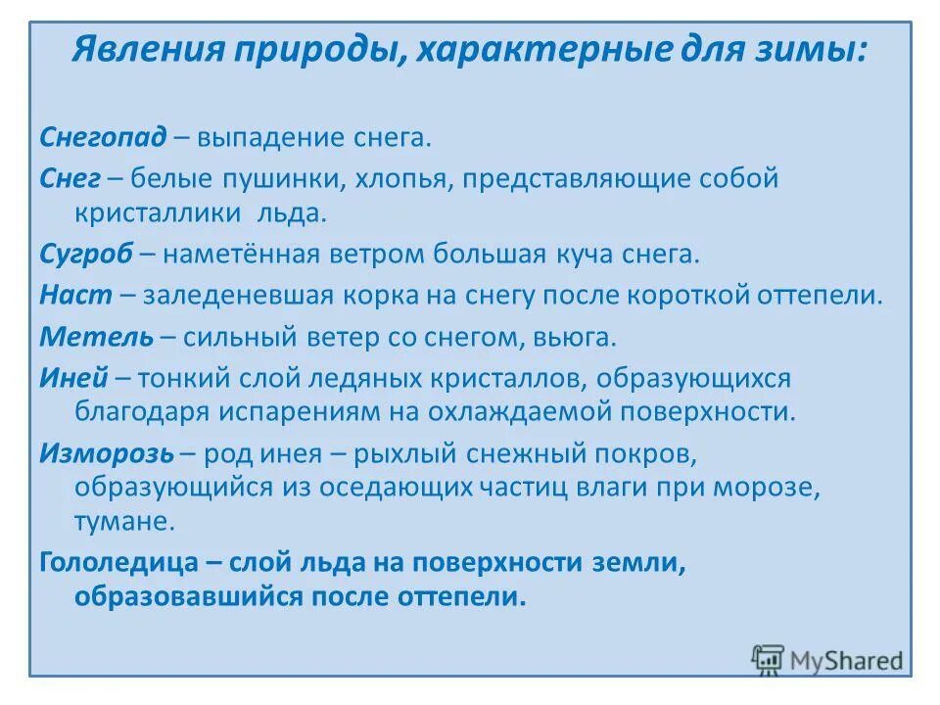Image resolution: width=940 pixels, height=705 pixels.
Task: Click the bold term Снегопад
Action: [103, 137]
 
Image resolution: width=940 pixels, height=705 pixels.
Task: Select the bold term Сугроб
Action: [85, 255]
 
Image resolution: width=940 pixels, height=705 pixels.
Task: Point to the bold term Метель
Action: [97, 337]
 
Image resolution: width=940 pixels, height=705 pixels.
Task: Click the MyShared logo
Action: [826, 659]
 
